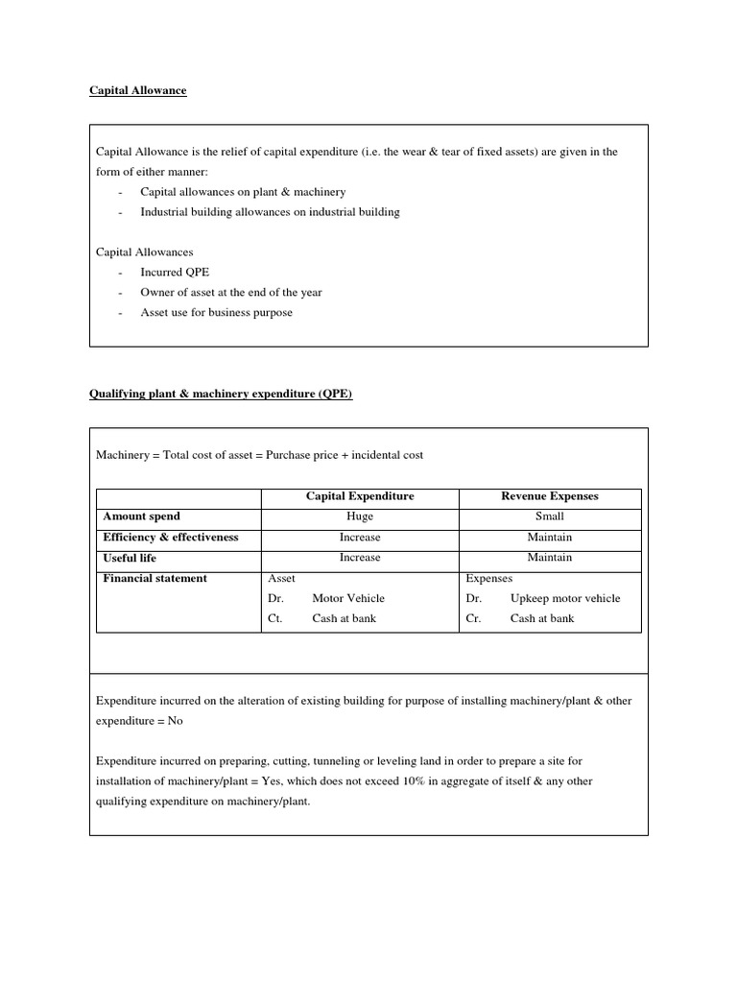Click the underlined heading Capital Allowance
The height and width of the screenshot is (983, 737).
click(x=137, y=90)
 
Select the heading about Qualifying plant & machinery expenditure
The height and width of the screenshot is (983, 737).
click(x=221, y=395)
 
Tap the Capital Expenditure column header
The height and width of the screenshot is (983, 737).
click(x=360, y=496)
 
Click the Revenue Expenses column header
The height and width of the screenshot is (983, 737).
click(x=550, y=496)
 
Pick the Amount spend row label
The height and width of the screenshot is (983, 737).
click(x=141, y=516)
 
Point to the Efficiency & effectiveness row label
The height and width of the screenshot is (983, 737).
click(x=170, y=537)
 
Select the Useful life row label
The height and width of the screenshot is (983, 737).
click(x=130, y=558)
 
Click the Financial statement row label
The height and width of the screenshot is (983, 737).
click(x=155, y=578)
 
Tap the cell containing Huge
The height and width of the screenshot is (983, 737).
click(x=360, y=516)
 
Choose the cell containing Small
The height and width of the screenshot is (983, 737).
click(x=550, y=516)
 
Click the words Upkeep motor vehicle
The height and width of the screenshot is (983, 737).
click(x=565, y=598)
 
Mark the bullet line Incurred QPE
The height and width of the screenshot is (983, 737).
click(x=175, y=273)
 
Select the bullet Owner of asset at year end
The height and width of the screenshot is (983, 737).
click(x=231, y=293)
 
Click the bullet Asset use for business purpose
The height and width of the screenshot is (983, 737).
click(x=216, y=313)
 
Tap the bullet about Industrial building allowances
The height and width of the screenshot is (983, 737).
click(x=270, y=212)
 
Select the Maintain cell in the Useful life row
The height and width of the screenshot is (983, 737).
click(x=550, y=558)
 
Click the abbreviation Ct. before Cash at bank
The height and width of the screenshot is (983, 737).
click(x=274, y=618)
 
